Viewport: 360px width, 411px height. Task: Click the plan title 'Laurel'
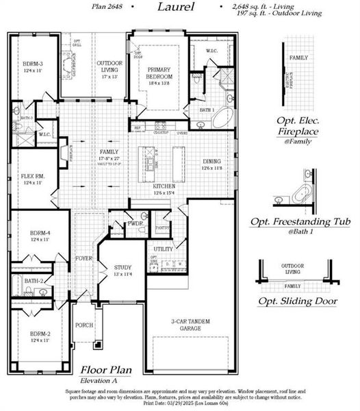click(175, 8)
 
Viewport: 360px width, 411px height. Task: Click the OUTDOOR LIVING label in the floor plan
click(110, 66)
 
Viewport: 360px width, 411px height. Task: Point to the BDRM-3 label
click(33, 67)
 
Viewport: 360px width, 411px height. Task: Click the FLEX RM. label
click(32, 179)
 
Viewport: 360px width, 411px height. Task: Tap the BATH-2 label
click(34, 281)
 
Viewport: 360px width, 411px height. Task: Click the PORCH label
click(83, 325)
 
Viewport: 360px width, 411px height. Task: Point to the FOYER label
click(83, 259)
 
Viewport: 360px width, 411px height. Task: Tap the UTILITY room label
click(164, 249)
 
